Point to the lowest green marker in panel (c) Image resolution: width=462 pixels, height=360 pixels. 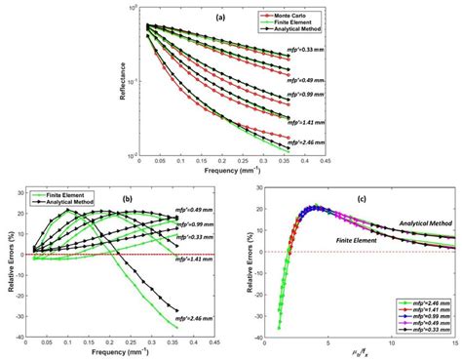tap(278, 327)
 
